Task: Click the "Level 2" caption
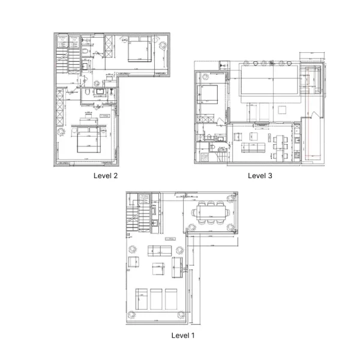(x=106, y=176)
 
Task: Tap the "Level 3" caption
(x=260, y=176)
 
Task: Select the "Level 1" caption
(x=183, y=335)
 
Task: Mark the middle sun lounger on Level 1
(x=158, y=298)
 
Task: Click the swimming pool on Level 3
(x=268, y=79)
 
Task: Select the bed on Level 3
(x=208, y=95)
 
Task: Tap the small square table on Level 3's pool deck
(x=283, y=109)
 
